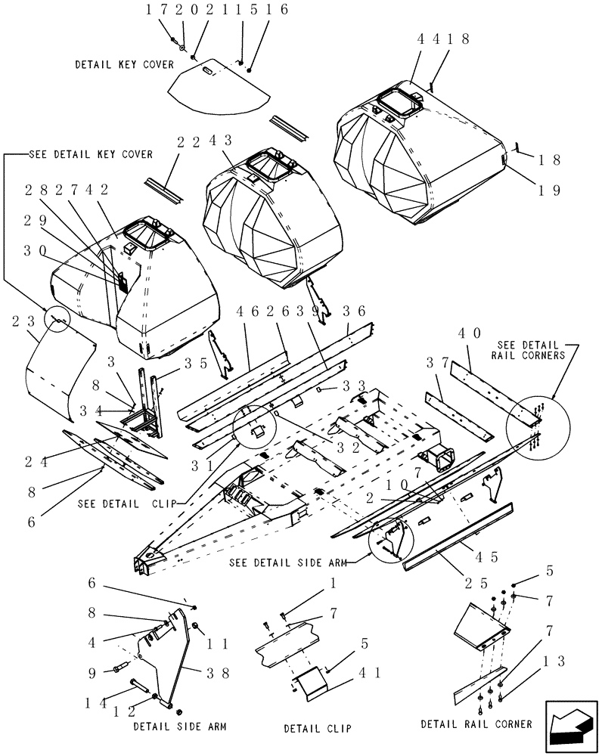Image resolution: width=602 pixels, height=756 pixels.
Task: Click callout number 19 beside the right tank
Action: coord(549,191)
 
